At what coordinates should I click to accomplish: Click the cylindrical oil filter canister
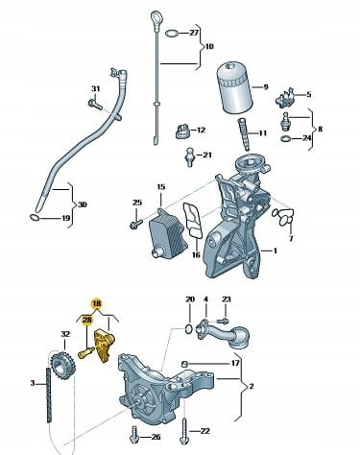tap(235, 88)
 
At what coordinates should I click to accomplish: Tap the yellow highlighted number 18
tap(96, 303)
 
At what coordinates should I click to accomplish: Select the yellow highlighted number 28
tap(86, 320)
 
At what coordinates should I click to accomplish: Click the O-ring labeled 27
tap(172, 33)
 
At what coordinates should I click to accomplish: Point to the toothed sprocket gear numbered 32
tap(62, 366)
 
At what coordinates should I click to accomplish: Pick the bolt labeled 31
tap(94, 105)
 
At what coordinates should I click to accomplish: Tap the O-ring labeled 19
tap(35, 218)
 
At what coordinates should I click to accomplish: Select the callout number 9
tap(266, 87)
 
